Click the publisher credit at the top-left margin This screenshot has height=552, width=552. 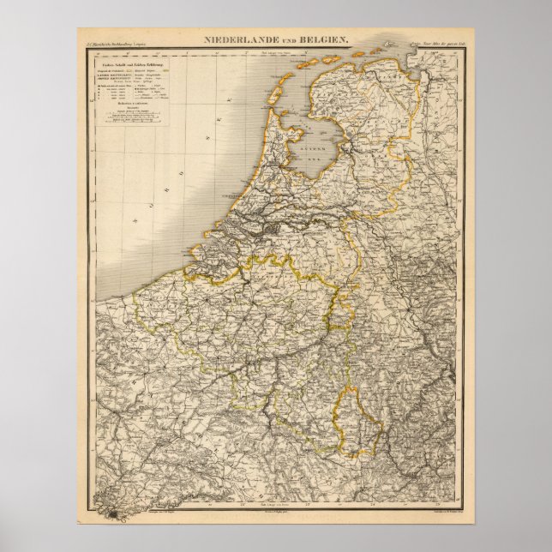(x=111, y=42)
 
